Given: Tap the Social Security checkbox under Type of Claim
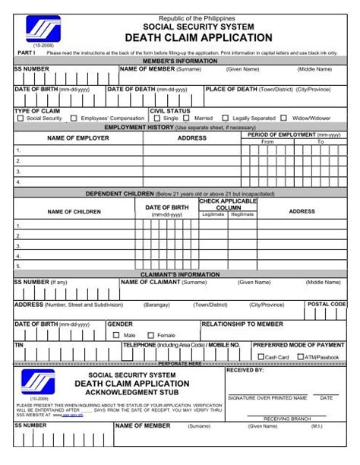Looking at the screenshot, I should click(21, 119).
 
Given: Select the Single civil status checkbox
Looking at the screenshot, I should click(156, 119).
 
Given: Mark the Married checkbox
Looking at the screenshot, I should click(188, 119).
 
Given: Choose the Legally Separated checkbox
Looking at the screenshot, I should click(225, 119).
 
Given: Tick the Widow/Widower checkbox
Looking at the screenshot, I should click(283, 119).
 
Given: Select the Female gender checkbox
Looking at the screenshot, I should click(150, 334).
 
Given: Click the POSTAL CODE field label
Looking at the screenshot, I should click(327, 304).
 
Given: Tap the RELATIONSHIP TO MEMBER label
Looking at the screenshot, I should click(242, 324).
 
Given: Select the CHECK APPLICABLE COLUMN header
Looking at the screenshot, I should click(228, 204).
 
